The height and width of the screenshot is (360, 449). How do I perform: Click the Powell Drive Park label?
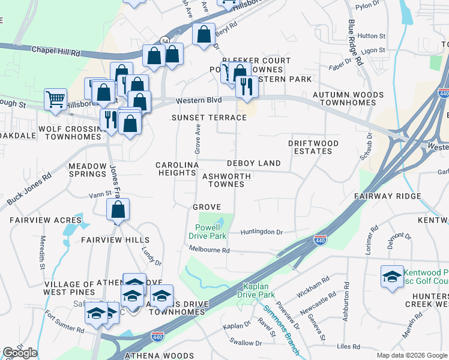[x=211, y=232]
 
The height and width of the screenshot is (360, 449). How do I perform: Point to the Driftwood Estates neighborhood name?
[x=313, y=147]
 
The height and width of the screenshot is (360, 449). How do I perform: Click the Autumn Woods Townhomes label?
[x=351, y=99]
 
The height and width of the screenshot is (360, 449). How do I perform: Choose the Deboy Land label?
[x=253, y=163]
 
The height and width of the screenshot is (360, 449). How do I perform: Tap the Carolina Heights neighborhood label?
[x=177, y=169]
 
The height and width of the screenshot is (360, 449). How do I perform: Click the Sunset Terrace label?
[x=209, y=118]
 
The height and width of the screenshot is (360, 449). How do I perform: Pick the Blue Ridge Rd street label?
[x=355, y=43]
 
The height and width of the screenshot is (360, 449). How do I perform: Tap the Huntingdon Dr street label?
[x=261, y=232]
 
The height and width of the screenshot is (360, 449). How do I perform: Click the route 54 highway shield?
[x=164, y=40]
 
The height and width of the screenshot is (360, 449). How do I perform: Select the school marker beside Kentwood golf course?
[x=393, y=277]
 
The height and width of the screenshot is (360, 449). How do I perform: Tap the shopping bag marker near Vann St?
[x=118, y=210]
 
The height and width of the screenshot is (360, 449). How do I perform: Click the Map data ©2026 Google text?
[x=411, y=355]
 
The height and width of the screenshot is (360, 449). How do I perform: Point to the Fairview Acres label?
[x=37, y=220]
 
